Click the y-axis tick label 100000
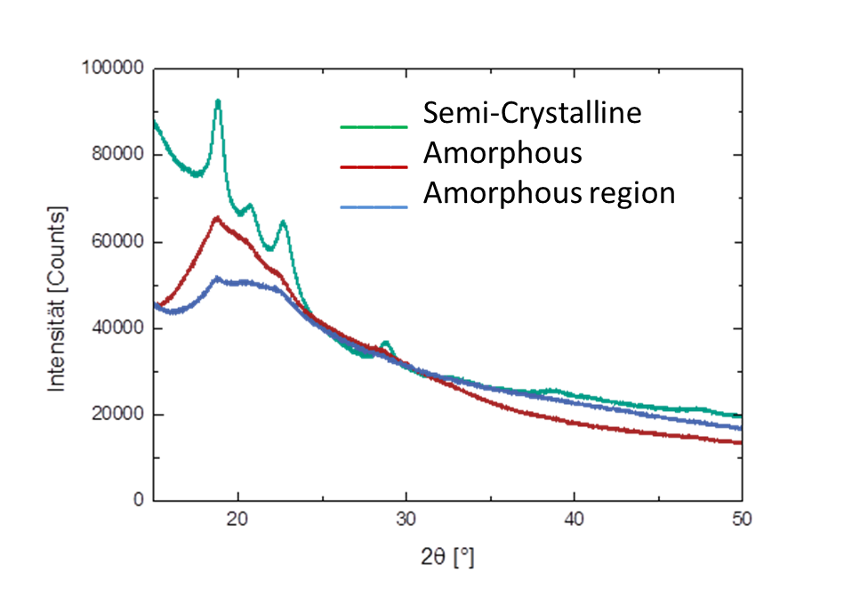click(x=112, y=69)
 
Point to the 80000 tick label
click(x=117, y=155)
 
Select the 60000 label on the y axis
click(x=117, y=242)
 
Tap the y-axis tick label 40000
click(x=117, y=328)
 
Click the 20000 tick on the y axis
click(x=117, y=415)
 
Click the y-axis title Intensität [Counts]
click(x=57, y=299)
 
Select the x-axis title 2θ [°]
click(x=447, y=558)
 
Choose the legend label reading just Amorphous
click(x=502, y=153)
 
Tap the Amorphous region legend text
click(x=549, y=192)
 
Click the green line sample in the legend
click(x=374, y=126)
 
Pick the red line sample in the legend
click(x=374, y=166)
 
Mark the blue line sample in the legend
click(x=374, y=206)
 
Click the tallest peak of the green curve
click(x=218, y=101)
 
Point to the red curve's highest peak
click(x=216, y=217)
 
